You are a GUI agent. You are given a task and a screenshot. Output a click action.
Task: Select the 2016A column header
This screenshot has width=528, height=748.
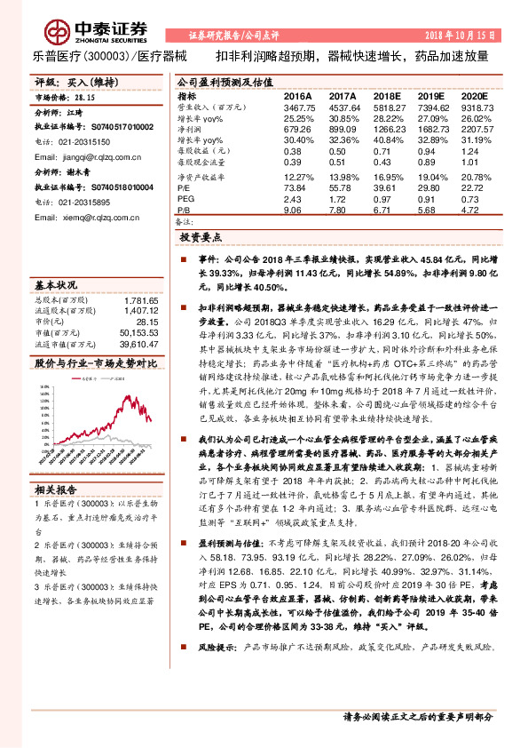[298, 95]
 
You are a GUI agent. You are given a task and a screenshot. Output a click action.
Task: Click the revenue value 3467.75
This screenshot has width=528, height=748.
[298, 106]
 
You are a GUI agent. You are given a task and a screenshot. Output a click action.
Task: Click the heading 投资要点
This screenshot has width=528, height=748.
[201, 238]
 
